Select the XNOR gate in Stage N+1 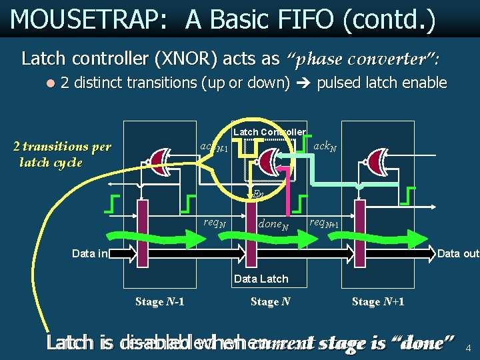379,161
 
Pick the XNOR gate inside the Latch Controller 269,160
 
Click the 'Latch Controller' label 269,132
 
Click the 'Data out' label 458,253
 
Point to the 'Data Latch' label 261,279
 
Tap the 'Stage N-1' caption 160,302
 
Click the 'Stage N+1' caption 378,302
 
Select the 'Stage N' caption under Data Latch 270,302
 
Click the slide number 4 468,347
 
